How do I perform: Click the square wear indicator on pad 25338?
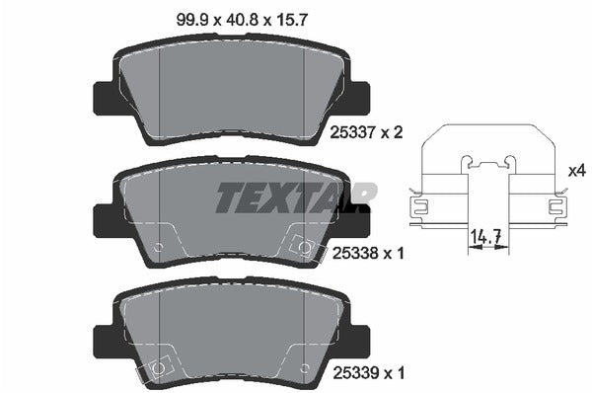[x=305, y=247]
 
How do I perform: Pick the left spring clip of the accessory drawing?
[x=418, y=207]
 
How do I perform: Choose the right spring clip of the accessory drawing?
[x=555, y=207]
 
